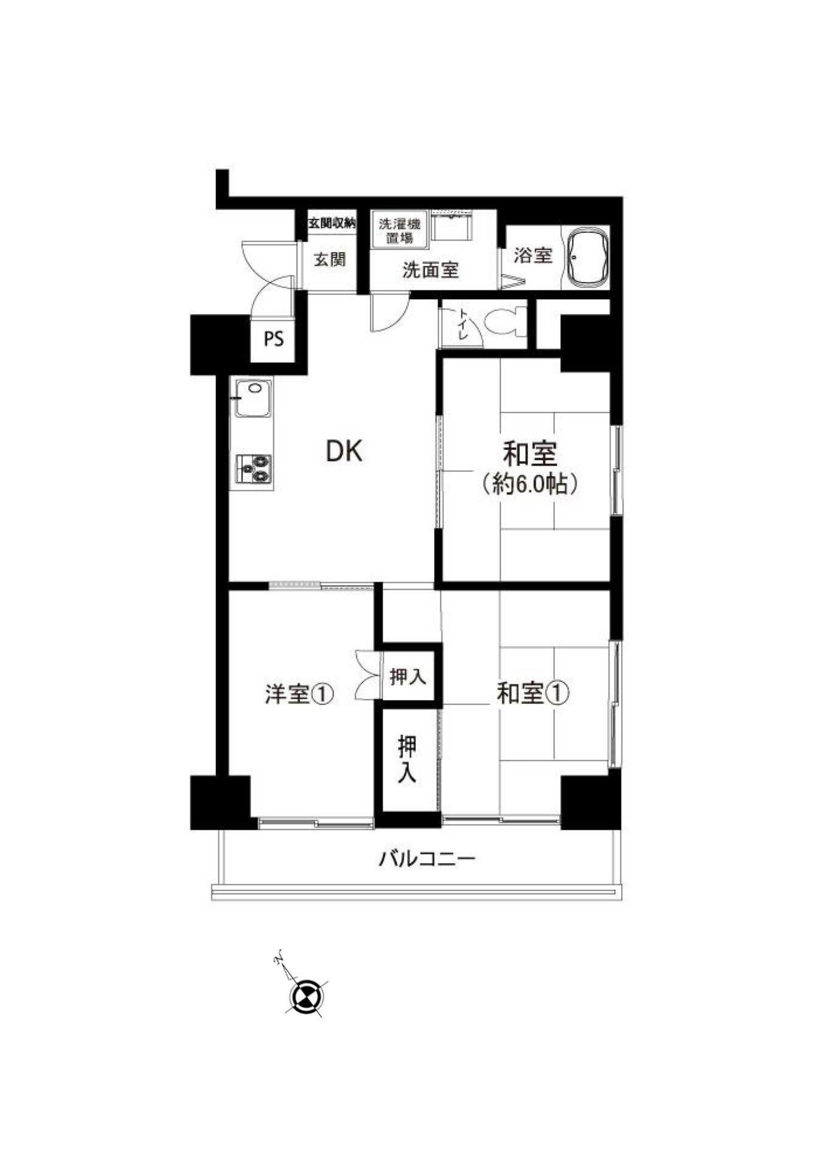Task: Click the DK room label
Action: (x=344, y=451)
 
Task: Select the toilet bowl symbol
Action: (x=506, y=321)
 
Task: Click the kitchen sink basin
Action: (x=254, y=398)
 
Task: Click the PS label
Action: (x=274, y=339)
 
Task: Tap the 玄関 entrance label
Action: (x=330, y=260)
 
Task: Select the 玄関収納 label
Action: (x=332, y=223)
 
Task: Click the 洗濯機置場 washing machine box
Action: (x=400, y=230)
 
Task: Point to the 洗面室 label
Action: (x=430, y=270)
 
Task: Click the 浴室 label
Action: (x=533, y=255)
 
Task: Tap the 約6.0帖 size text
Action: (x=529, y=484)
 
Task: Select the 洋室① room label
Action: (x=299, y=694)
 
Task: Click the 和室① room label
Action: (x=533, y=693)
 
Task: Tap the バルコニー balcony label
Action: (x=426, y=859)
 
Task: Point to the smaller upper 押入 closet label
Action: (x=408, y=676)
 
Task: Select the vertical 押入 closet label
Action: (x=407, y=760)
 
